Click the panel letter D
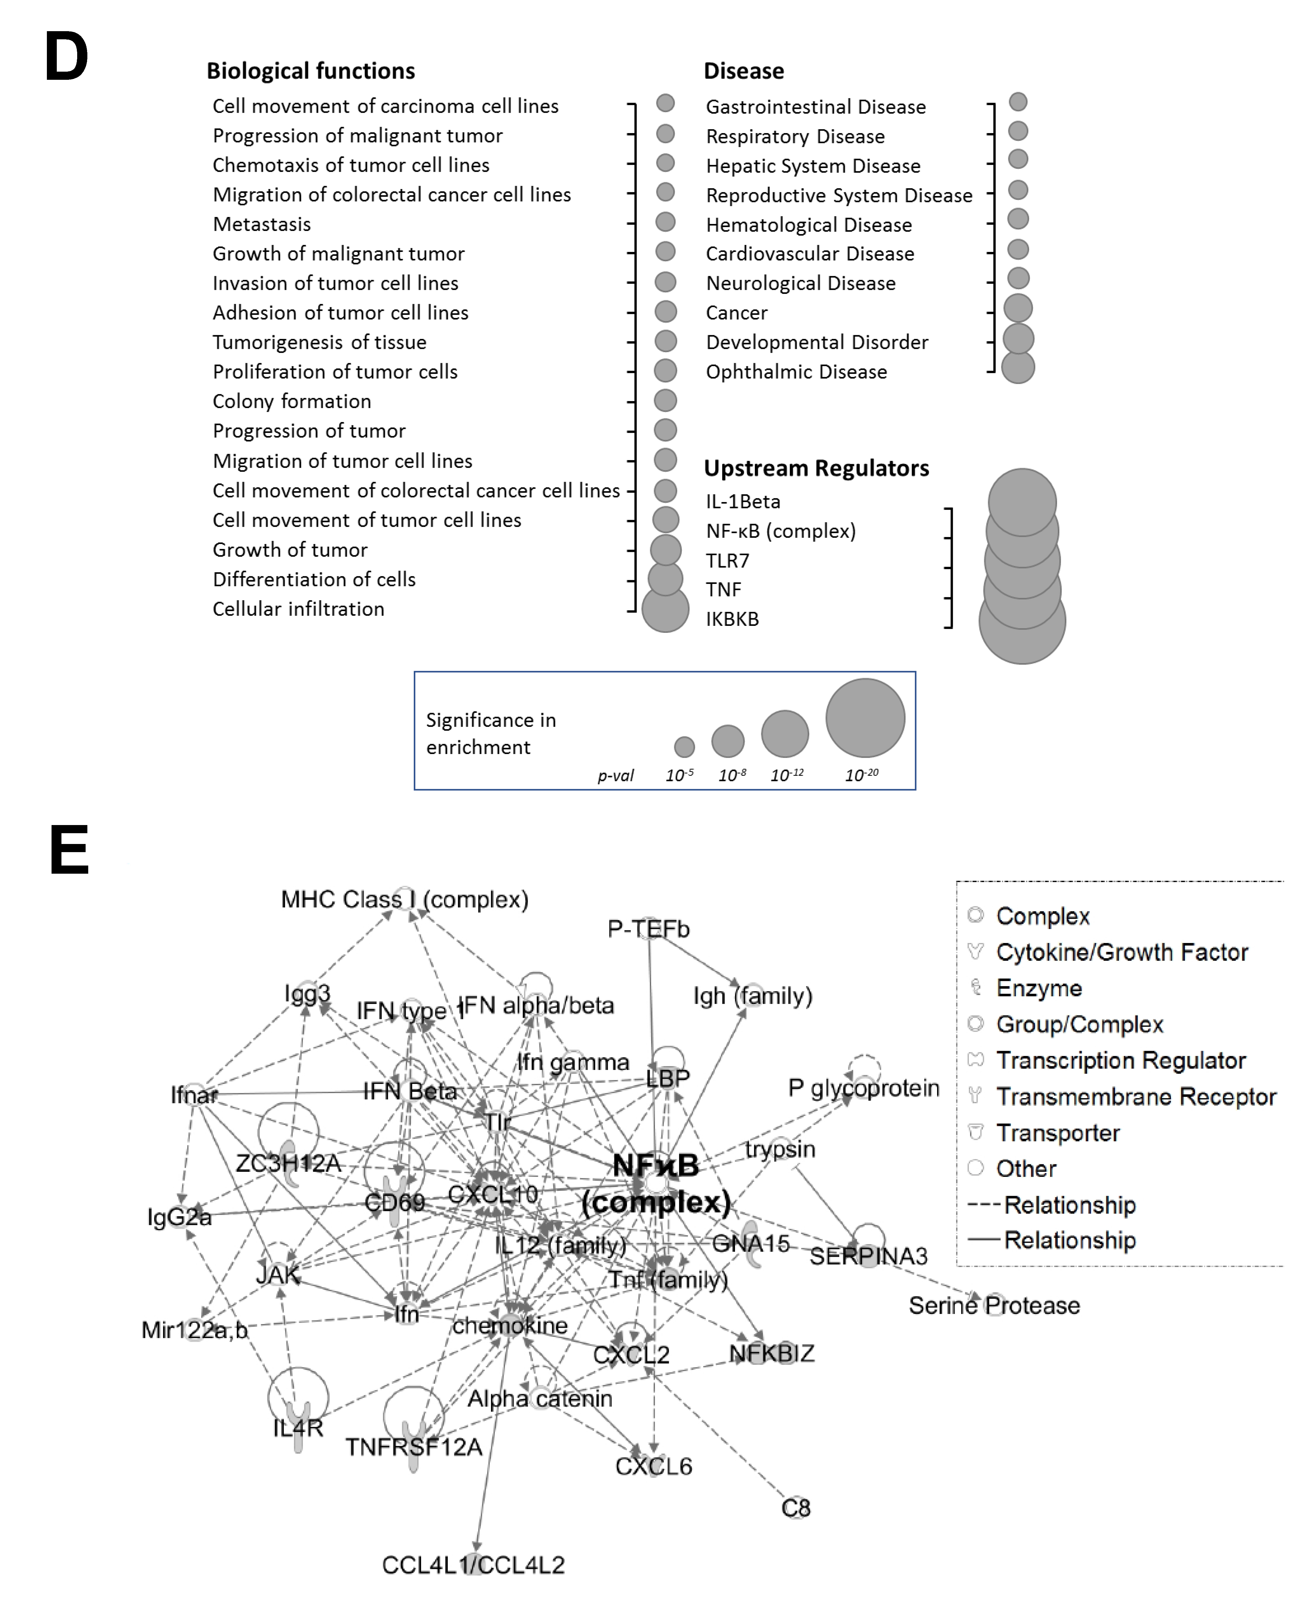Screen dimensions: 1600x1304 tap(66, 58)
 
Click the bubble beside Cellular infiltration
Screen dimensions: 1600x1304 tap(665, 608)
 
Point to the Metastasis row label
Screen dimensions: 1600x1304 tap(261, 224)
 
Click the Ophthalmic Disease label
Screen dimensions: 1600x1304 tap(796, 372)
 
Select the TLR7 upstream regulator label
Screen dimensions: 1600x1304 tap(727, 560)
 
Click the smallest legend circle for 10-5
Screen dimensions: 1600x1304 tap(683, 747)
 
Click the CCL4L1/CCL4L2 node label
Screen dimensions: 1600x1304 tap(473, 1565)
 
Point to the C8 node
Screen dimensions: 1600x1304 tap(796, 1508)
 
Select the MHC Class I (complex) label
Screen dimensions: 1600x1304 tap(404, 899)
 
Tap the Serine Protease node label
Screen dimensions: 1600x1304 tap(994, 1305)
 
